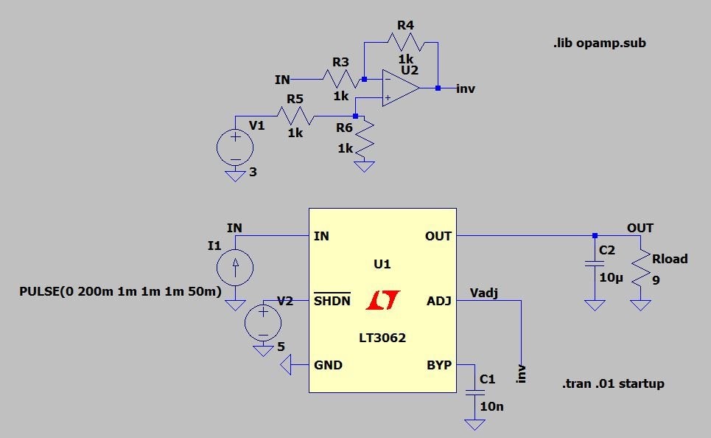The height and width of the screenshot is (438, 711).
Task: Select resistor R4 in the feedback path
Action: coord(406,43)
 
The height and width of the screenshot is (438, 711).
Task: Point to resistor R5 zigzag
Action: coord(295,117)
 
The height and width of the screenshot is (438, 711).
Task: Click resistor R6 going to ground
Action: coord(364,138)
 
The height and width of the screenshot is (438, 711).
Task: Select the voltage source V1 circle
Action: coord(235,148)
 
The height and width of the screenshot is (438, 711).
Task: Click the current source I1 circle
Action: coord(235,267)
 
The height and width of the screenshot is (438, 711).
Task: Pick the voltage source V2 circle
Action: coord(263,322)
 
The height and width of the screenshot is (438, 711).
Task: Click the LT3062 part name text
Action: coord(382,338)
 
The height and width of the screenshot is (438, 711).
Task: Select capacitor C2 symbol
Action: coord(595,264)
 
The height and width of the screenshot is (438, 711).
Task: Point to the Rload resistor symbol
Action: coord(641,270)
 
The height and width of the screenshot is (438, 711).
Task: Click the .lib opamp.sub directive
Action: coord(598,43)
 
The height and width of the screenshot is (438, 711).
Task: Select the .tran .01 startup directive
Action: coord(612,383)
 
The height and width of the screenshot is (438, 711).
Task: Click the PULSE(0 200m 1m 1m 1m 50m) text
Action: coord(120,291)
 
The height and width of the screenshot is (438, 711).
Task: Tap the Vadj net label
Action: coord(484,293)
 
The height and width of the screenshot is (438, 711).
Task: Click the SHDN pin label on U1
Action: coord(332,301)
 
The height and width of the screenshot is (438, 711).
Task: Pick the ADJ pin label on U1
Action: coord(438,301)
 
